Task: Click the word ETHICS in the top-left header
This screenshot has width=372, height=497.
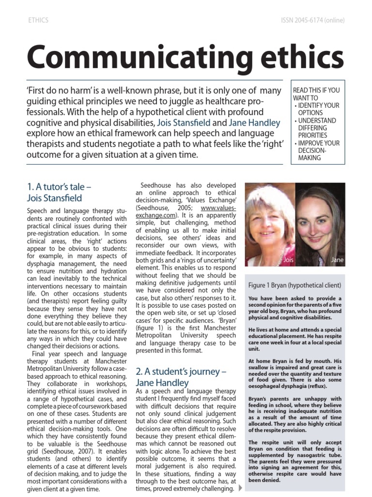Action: [38, 20]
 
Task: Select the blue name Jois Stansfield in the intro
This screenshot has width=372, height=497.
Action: [184, 123]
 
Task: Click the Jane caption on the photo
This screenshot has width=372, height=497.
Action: [337, 260]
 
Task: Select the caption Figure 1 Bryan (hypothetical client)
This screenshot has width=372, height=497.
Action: [294, 285]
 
